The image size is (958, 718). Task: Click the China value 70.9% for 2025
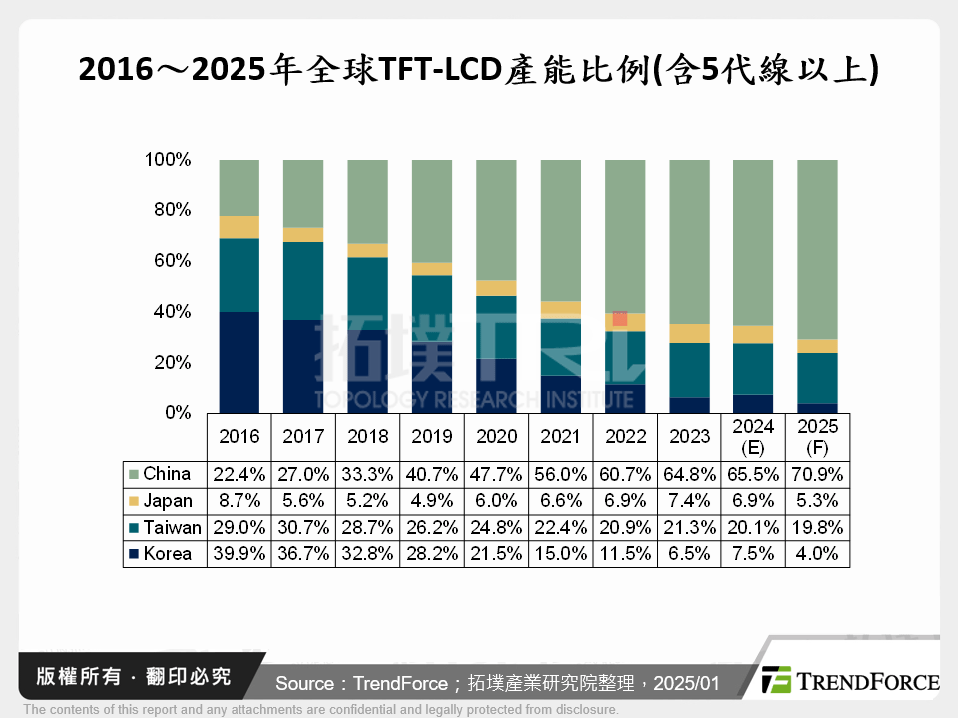818,474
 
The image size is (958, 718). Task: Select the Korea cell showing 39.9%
238,554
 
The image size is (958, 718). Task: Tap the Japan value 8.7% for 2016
238,501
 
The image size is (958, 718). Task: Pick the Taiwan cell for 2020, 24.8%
495,528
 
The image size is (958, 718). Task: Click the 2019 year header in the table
431,437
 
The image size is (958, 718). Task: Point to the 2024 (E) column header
753,437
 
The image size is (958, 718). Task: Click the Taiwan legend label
172,528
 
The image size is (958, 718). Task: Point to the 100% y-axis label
166,160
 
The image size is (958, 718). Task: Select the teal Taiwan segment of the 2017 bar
302,281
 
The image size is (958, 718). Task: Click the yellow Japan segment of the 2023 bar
689,333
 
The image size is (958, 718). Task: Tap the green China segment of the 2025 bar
817,249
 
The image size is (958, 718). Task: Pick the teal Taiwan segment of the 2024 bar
753,369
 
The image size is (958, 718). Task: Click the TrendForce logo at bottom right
849,681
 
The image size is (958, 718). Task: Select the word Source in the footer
304,683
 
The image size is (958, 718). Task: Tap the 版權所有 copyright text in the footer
71,677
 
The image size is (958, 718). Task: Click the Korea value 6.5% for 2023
689,554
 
